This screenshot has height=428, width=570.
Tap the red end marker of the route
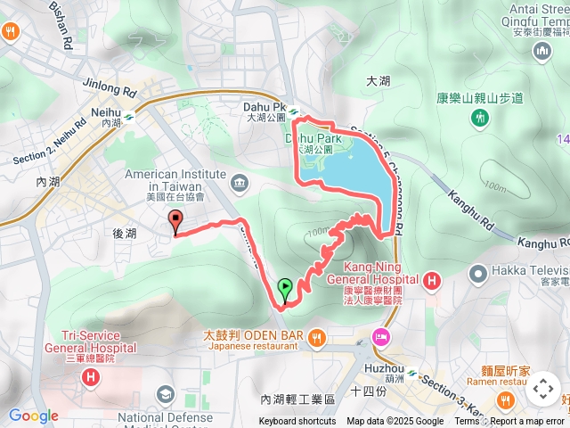(x=175, y=222)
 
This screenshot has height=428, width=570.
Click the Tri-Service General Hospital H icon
(x=90, y=377)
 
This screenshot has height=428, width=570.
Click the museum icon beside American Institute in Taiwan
(x=238, y=184)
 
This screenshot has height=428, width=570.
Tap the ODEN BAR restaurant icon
(x=318, y=336)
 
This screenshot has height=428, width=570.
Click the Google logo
(x=34, y=416)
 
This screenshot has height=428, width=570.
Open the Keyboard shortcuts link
(x=297, y=422)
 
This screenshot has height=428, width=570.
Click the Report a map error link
(x=529, y=422)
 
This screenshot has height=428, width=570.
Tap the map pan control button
(x=542, y=389)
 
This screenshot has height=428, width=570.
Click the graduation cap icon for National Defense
(x=165, y=394)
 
